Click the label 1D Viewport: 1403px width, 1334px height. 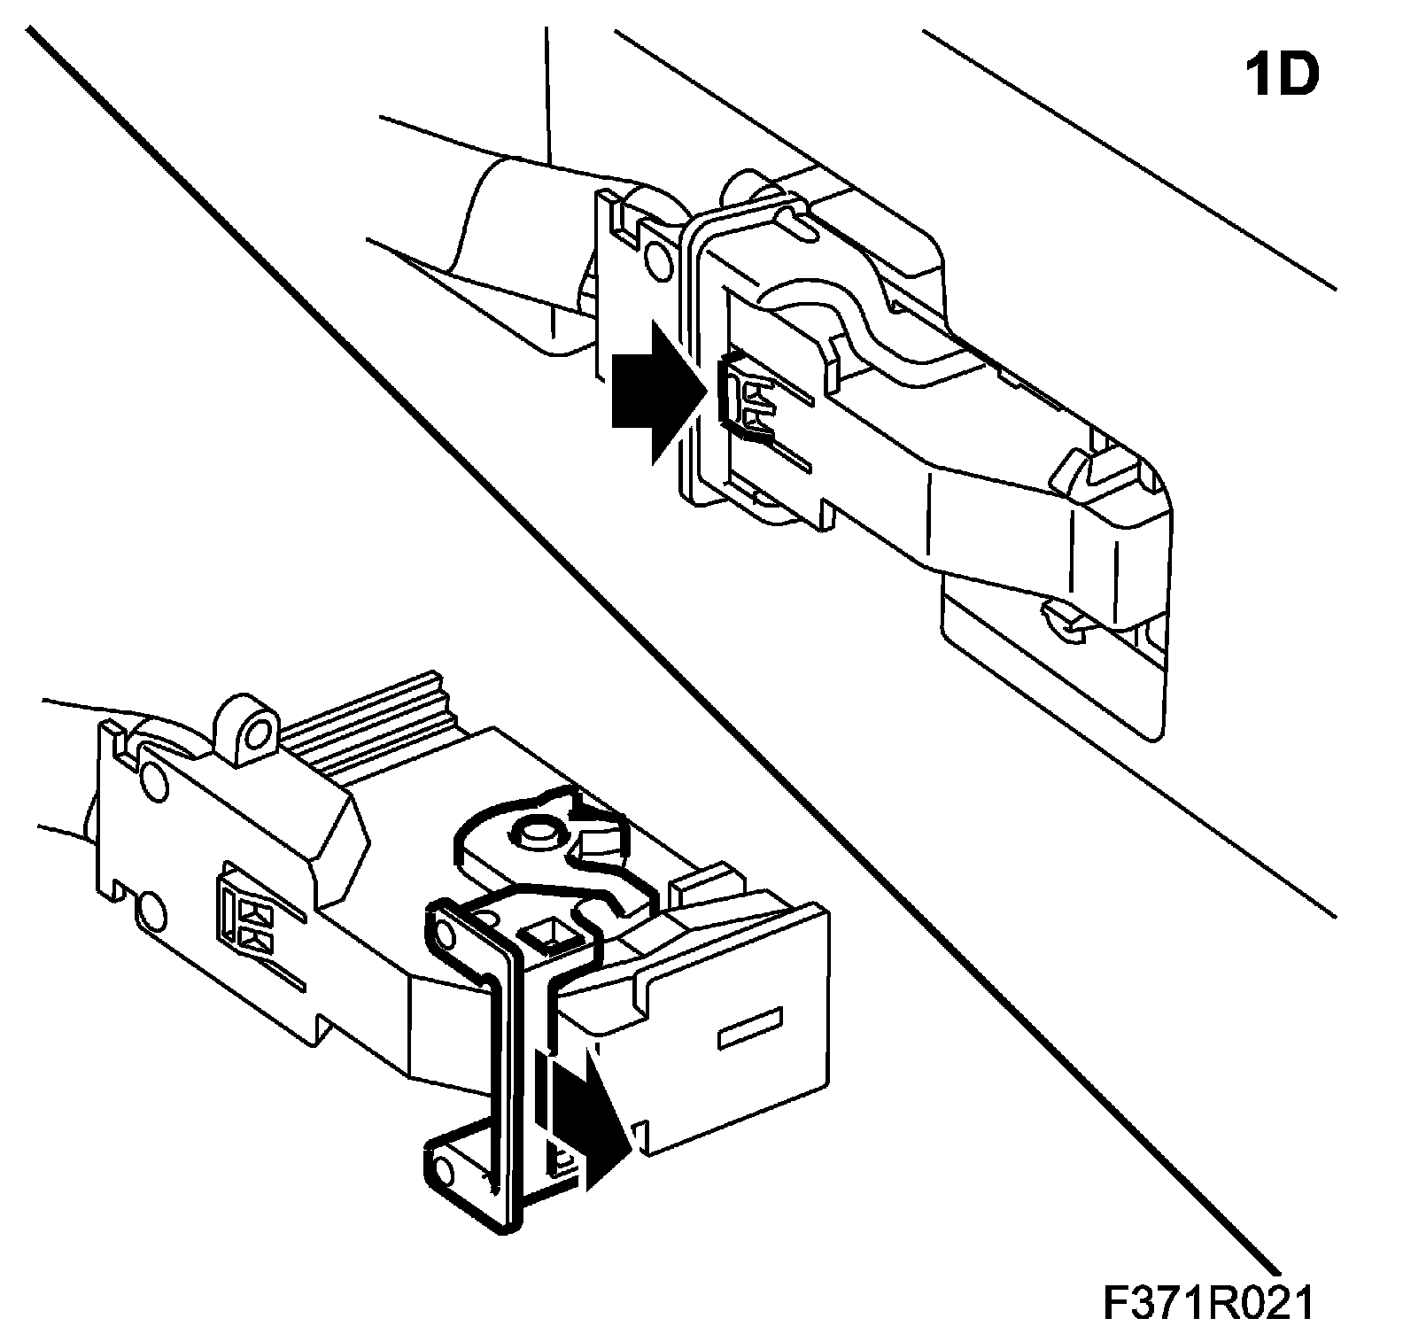(x=1282, y=75)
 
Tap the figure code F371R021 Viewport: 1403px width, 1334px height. (x=1208, y=1303)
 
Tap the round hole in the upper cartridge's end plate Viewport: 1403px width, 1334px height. (x=659, y=258)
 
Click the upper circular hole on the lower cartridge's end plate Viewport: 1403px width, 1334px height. (x=152, y=780)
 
